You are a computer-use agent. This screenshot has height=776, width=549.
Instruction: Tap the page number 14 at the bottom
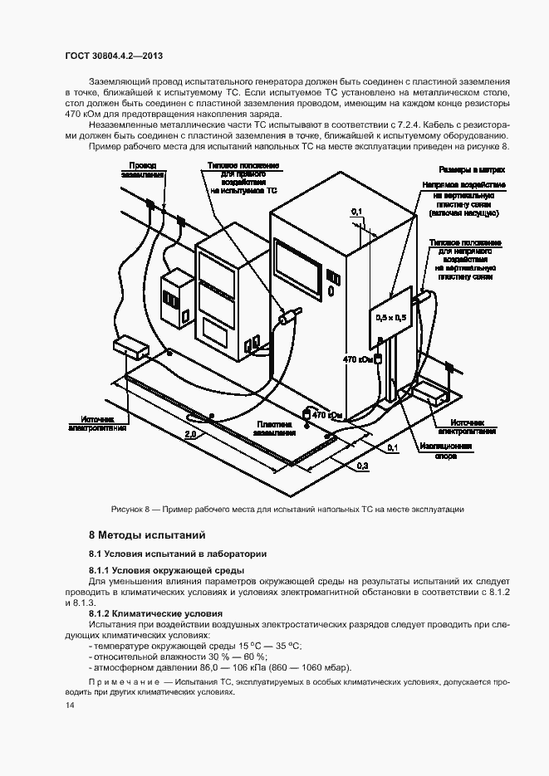point(69,705)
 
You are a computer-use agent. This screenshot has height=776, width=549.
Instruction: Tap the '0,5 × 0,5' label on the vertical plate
point(392,317)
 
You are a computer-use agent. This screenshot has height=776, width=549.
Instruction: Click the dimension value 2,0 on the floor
point(190,434)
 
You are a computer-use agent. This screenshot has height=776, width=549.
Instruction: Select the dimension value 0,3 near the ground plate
point(362,467)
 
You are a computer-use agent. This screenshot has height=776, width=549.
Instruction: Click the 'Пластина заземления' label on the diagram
point(273,427)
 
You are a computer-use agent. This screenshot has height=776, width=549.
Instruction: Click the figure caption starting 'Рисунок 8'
point(287,508)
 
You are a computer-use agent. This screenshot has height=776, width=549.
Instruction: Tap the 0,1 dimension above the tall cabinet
point(356,213)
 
